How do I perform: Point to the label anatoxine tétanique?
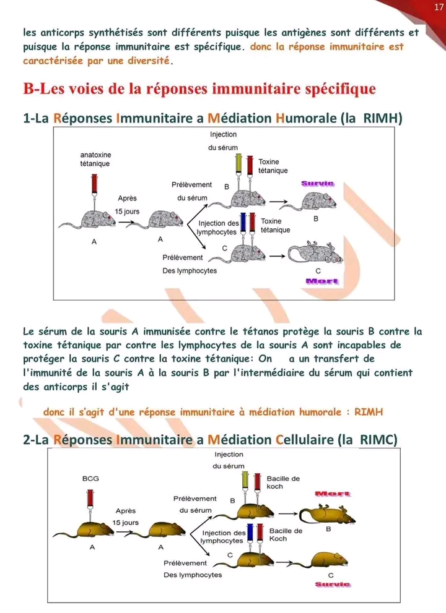coord(95,159)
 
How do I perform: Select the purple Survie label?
coord(318,183)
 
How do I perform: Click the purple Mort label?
coord(323,281)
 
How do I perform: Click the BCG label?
coord(90,479)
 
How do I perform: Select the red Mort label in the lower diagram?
coord(333,494)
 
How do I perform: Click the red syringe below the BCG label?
coord(91,500)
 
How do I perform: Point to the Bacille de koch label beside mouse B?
coord(283,482)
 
